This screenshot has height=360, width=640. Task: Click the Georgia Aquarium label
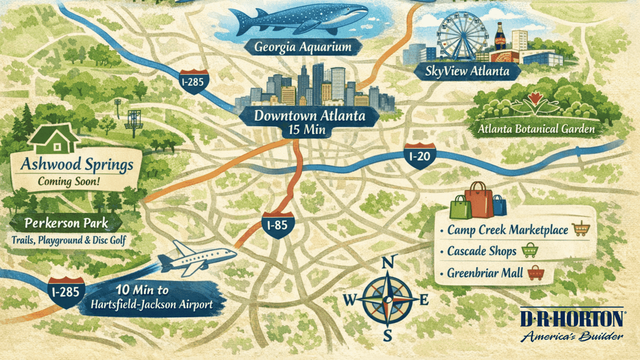pos(302,47)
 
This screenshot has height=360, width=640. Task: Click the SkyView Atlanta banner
pos(467,71)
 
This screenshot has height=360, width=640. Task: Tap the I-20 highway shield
pos(420,156)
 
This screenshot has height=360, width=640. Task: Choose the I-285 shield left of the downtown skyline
pos(193,81)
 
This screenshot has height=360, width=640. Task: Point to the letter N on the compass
pos(387,263)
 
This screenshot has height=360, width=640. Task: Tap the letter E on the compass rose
pos(423,299)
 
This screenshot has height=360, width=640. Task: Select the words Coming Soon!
pos(69,181)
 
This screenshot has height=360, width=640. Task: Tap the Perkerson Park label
pos(66,224)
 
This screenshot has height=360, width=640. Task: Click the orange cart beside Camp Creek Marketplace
pos(581,228)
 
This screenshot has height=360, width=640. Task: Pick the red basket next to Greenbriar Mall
pos(535,273)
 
